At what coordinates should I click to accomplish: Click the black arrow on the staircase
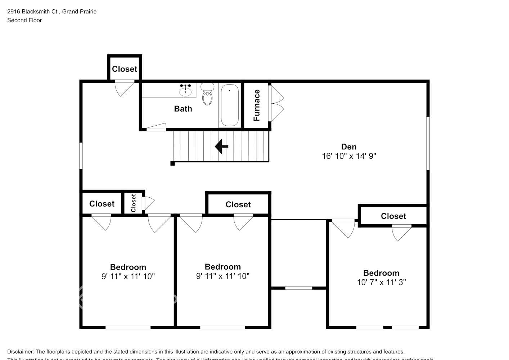click(x=221, y=147)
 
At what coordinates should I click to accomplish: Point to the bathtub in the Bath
click(x=229, y=105)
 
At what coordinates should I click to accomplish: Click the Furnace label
click(x=257, y=105)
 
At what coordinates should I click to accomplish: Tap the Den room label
click(x=349, y=147)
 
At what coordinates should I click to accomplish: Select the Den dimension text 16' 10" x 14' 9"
click(x=349, y=156)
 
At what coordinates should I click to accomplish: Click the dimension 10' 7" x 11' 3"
click(x=381, y=283)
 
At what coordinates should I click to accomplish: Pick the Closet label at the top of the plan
click(x=125, y=69)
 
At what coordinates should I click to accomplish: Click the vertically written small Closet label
click(x=134, y=203)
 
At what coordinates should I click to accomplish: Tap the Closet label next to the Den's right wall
click(x=393, y=216)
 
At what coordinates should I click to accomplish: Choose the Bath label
click(x=183, y=109)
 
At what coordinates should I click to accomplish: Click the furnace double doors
click(x=276, y=103)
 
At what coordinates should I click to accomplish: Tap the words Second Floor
click(x=24, y=20)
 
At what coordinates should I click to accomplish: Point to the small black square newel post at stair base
click(x=172, y=164)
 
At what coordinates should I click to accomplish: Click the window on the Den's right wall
click(x=428, y=143)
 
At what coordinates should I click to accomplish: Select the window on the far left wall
click(x=81, y=156)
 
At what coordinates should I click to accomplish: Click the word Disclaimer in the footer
click(x=20, y=352)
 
